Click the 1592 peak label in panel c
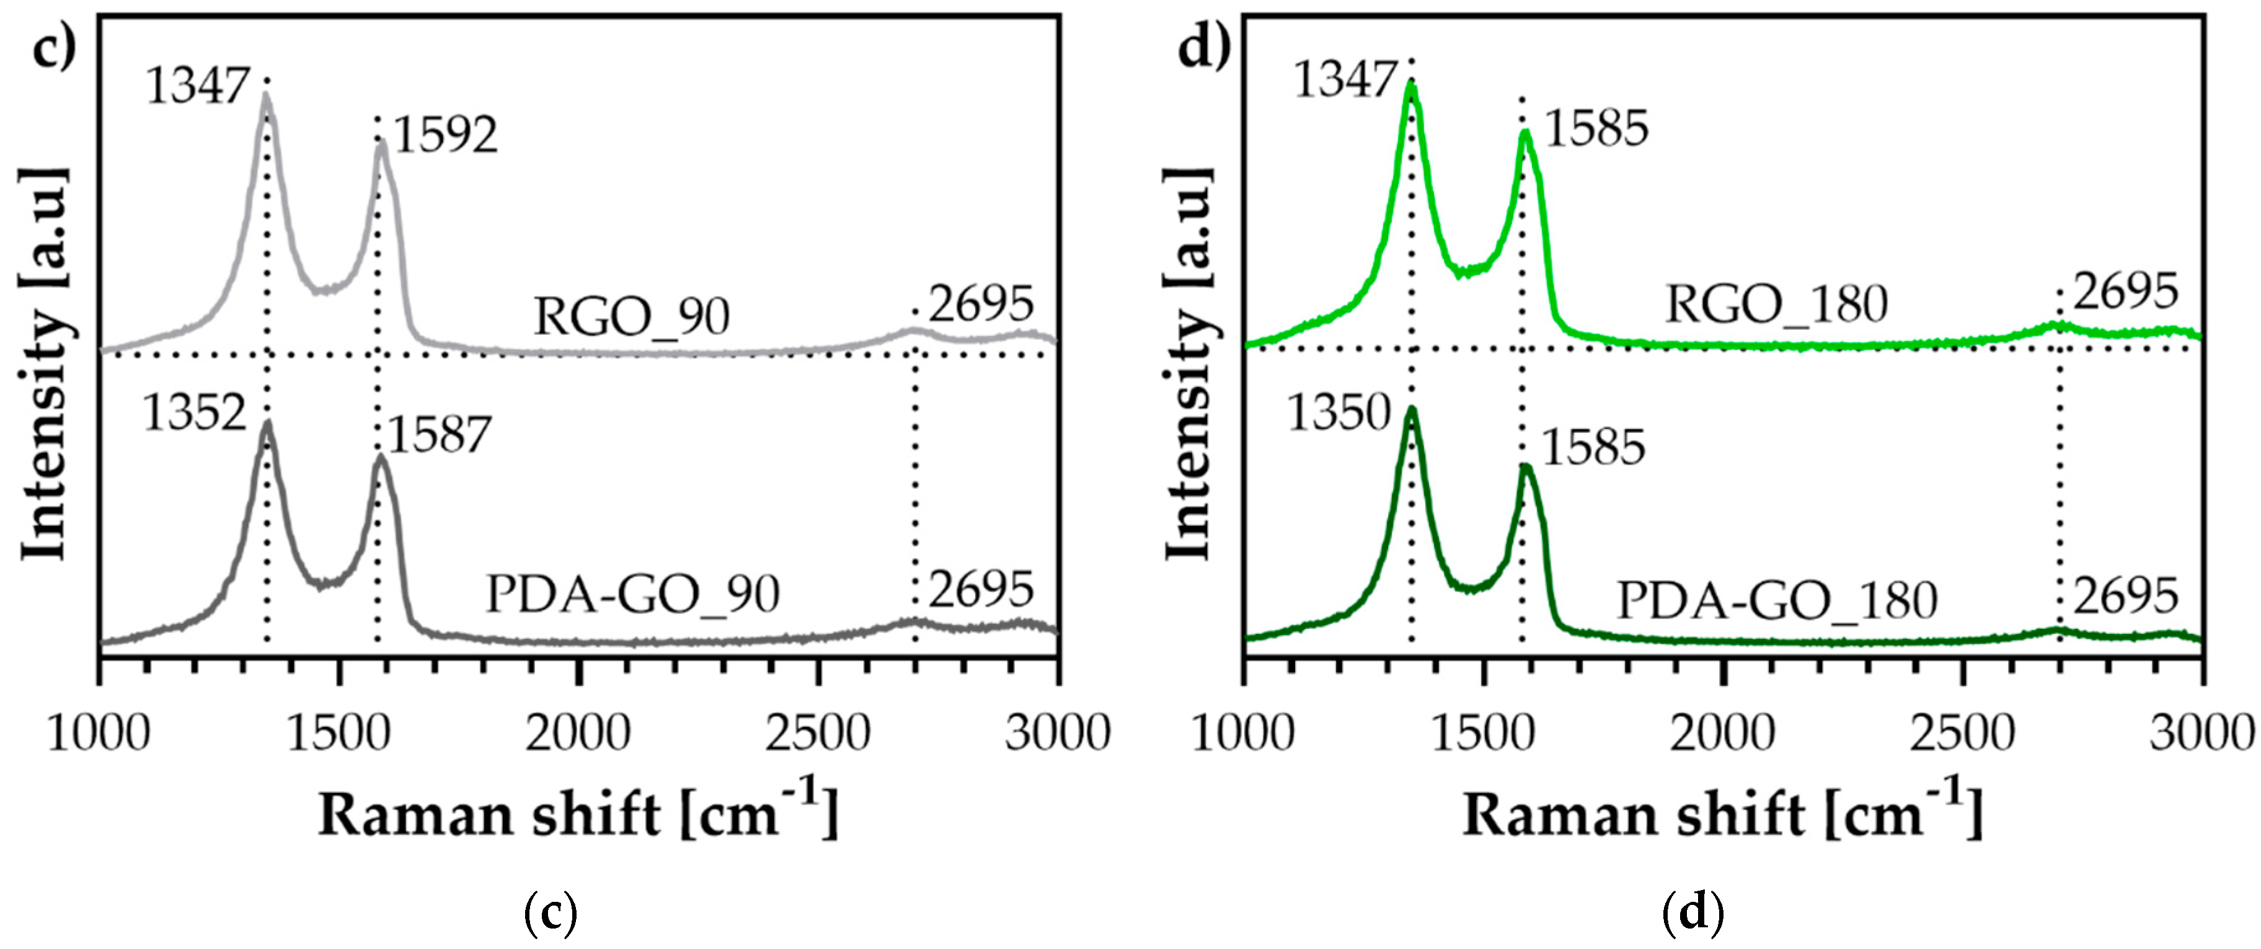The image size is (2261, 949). (x=445, y=136)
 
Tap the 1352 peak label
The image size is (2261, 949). (x=194, y=412)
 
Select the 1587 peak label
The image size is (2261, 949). (x=440, y=435)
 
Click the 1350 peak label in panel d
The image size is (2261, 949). (x=1339, y=412)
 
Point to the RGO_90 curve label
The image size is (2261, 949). (x=632, y=317)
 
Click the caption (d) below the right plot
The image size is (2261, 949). (x=1693, y=914)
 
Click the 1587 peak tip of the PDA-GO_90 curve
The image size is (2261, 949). (x=379, y=457)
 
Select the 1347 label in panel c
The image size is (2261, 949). (x=198, y=86)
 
